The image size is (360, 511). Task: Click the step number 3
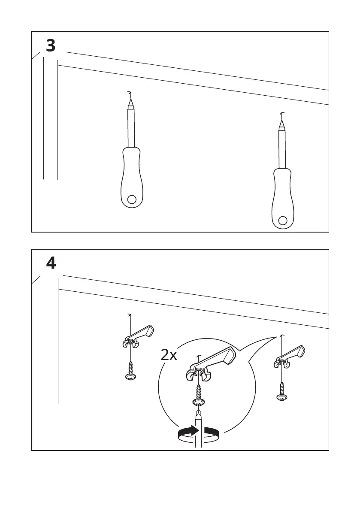[x=51, y=45]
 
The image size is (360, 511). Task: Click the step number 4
[x=51, y=263]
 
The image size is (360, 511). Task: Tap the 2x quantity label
[x=169, y=355]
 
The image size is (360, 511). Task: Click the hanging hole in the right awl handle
[x=282, y=221]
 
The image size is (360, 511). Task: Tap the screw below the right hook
[x=281, y=391]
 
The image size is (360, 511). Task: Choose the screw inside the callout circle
[x=199, y=395]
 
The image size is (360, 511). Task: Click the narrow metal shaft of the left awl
[x=131, y=127]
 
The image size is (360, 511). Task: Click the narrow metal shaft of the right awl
[x=281, y=148]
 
